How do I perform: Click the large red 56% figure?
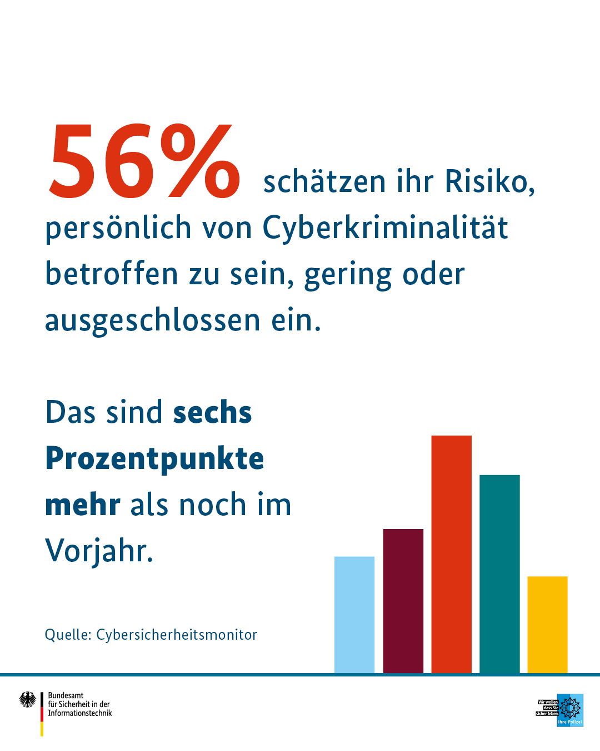144,161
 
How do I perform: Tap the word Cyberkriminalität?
385,228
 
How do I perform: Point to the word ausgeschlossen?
152,321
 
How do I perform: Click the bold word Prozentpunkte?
154,459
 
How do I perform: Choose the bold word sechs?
212,413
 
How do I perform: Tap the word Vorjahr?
99,551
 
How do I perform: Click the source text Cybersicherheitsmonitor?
177,635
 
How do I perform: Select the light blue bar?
354,615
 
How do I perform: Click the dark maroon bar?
403,601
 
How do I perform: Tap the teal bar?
499,573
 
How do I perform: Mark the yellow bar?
547,624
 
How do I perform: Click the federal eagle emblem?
27,699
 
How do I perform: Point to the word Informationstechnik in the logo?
80,713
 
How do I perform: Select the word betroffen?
112,274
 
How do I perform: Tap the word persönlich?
118,228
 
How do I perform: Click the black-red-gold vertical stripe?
42,714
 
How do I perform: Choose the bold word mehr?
83,505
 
